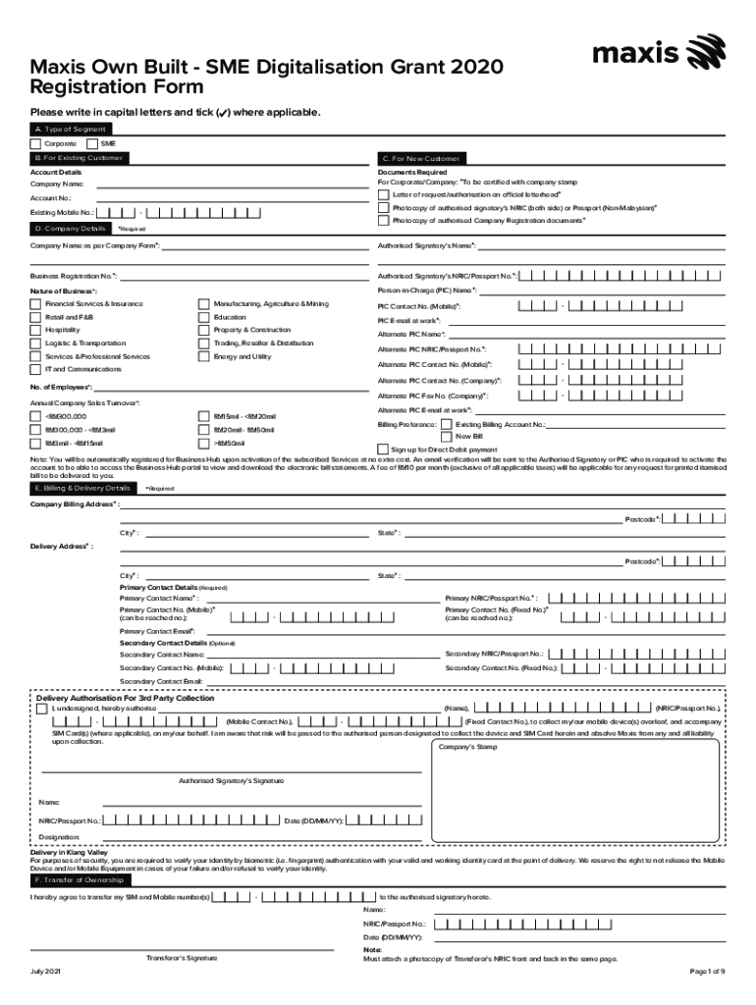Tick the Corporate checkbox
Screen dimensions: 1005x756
click(x=36, y=144)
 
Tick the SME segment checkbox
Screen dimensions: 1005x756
click(x=93, y=144)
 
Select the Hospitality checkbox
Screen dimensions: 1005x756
click(x=36, y=331)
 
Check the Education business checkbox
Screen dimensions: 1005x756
click(x=204, y=317)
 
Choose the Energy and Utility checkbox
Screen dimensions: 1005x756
click(x=204, y=357)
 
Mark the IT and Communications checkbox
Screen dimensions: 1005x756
click(x=36, y=370)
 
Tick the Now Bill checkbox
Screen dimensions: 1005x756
click(x=448, y=436)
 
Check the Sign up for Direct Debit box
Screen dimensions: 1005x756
click(x=384, y=450)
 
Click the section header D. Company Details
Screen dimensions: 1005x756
click(x=70, y=229)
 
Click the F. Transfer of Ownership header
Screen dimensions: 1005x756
click(x=78, y=880)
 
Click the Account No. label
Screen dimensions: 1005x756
click(x=51, y=198)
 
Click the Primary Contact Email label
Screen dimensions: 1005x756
click(x=156, y=631)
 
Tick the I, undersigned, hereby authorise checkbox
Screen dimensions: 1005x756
click(x=41, y=709)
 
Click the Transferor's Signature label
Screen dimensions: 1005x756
click(x=182, y=957)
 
